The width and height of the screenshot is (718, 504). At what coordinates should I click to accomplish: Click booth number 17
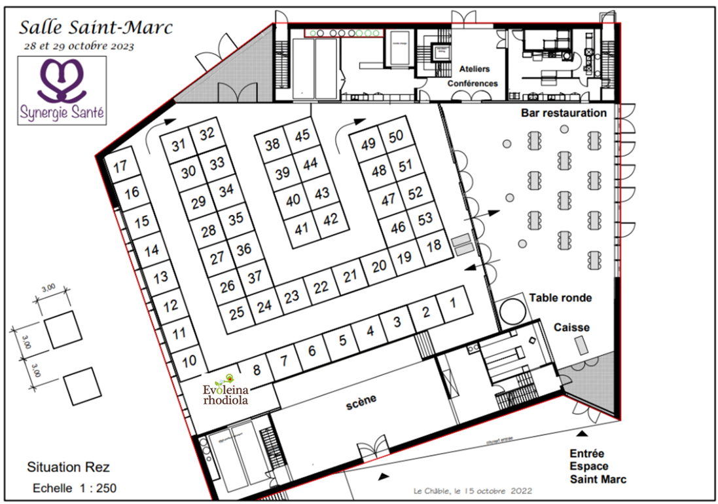(x=120, y=167)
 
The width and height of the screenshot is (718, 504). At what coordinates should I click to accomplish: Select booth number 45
(x=302, y=136)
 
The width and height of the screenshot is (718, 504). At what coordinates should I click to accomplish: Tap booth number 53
(x=425, y=218)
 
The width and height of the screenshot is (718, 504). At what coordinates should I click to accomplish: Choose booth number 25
(x=237, y=312)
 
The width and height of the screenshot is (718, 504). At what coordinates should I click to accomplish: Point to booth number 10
(x=189, y=361)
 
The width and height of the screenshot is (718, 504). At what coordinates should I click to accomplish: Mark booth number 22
(x=321, y=287)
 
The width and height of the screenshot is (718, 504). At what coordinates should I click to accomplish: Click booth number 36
(x=243, y=250)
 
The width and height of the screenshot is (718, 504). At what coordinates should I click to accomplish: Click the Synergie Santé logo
(x=62, y=90)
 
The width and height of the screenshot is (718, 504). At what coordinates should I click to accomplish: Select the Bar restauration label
(x=564, y=113)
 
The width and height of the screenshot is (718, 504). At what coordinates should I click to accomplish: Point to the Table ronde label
(x=560, y=298)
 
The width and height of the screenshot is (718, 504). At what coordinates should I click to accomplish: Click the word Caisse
(x=571, y=327)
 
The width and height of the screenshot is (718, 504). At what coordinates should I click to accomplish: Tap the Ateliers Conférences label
(x=473, y=76)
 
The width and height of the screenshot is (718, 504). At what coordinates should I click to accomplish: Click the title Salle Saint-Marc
(x=96, y=28)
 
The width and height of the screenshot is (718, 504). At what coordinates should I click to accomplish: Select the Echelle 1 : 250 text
(x=75, y=488)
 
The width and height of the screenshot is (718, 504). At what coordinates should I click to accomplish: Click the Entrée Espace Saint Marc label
(x=598, y=466)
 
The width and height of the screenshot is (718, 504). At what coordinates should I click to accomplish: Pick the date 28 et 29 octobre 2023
(x=77, y=46)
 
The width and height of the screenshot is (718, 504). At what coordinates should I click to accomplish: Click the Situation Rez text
(x=68, y=467)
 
